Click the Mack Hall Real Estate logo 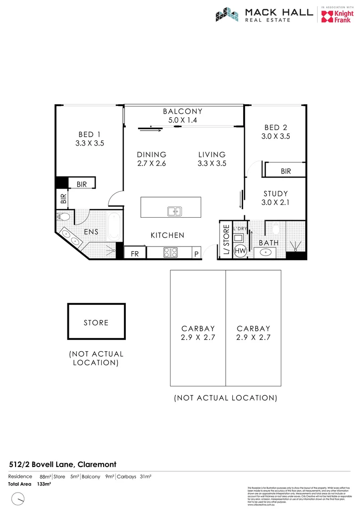pyautogui.click(x=264, y=15)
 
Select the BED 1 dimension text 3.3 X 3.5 pyautogui.click(x=90, y=144)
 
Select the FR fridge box pyautogui.click(x=135, y=254)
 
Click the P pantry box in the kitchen pyautogui.click(x=196, y=254)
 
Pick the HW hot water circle pyautogui.click(x=240, y=250)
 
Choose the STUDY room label pyautogui.click(x=276, y=194)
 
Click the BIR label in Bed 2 pyautogui.click(x=286, y=172)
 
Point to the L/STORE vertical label pyautogui.click(x=226, y=240)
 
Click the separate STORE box pyautogui.click(x=96, y=323)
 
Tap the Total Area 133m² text pyautogui.click(x=29, y=484)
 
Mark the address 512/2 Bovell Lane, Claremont pyautogui.click(x=62, y=464)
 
